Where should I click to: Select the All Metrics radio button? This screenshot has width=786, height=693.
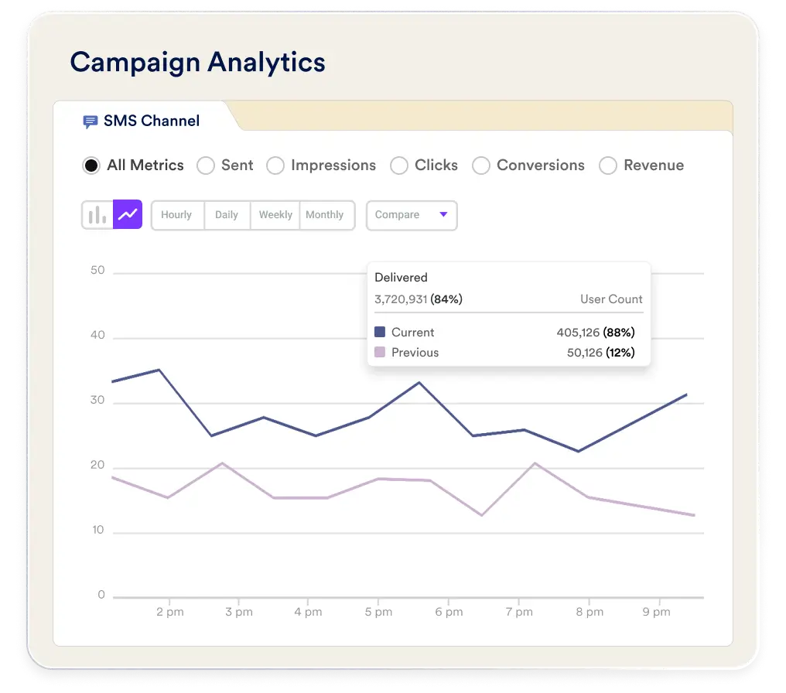[x=91, y=166]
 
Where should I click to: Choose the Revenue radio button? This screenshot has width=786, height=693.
[x=608, y=166]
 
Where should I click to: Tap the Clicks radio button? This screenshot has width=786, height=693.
[x=399, y=166]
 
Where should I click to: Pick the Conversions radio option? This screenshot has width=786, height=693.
[x=481, y=166]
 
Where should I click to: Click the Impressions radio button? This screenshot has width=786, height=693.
[x=275, y=166]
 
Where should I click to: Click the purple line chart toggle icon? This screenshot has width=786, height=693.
[x=128, y=214]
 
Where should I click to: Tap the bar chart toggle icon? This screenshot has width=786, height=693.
[x=97, y=215]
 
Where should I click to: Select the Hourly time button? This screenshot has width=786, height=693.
[x=176, y=215]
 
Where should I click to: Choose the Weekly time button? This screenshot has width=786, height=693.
[x=275, y=215]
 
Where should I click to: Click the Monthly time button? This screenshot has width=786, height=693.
[x=325, y=215]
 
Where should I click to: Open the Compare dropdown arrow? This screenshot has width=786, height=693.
[x=443, y=214]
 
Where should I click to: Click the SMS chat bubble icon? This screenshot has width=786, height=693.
[x=91, y=121]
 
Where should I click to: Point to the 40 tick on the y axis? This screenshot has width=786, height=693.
[x=97, y=335]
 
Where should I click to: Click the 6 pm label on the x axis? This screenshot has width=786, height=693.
[x=449, y=612]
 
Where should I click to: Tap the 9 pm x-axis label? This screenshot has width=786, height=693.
[x=657, y=612]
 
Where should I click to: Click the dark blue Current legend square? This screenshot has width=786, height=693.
[x=380, y=332]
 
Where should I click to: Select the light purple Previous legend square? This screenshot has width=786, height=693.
[x=380, y=352]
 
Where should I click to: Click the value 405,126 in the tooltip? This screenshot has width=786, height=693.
[x=578, y=333]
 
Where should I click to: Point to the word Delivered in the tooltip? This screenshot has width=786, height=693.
[x=401, y=278]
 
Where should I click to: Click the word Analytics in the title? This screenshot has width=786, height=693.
[x=267, y=63]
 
